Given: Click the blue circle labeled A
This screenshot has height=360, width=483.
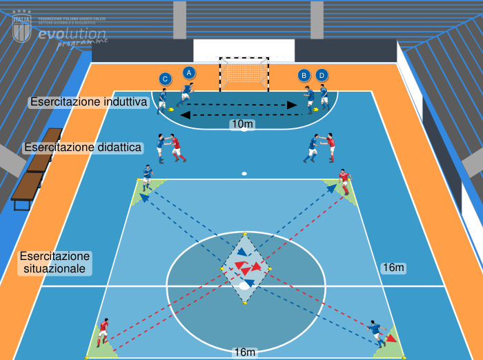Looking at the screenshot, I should [189, 72].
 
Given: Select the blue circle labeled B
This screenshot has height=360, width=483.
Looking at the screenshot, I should [304, 74].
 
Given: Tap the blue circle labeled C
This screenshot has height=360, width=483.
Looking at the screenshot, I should [164, 79].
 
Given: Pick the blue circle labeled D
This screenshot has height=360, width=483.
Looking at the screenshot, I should [322, 74].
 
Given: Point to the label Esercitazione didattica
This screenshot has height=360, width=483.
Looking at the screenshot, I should [83, 147].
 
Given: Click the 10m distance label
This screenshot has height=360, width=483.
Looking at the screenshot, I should [242, 124].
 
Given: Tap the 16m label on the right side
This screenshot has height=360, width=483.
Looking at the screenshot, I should [393, 267].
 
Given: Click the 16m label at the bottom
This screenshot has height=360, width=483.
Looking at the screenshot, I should [245, 352].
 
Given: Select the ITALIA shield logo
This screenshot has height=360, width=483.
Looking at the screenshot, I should [22, 28].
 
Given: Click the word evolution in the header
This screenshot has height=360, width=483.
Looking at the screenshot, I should [72, 34].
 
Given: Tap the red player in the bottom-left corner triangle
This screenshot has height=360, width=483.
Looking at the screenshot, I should [103, 332].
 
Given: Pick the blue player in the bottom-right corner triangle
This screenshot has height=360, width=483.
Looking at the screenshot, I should [376, 332].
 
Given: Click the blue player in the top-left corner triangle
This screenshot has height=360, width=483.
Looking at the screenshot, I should [147, 177].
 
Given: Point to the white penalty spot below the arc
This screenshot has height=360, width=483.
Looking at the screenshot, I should [244, 173].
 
